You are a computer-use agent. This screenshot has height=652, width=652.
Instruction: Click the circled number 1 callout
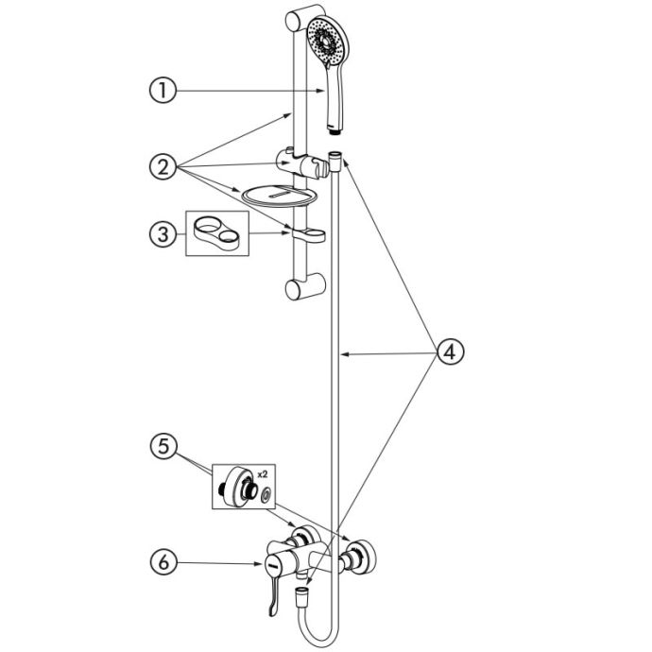(x=163, y=91)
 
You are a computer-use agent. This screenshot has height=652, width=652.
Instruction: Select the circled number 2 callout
(x=163, y=166)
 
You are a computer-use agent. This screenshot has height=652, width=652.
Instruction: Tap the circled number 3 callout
(x=163, y=234)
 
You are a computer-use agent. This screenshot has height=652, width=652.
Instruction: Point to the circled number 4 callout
(x=450, y=353)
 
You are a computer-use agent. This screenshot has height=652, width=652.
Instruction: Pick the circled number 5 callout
(x=163, y=447)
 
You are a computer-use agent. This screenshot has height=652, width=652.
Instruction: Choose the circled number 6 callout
(x=163, y=562)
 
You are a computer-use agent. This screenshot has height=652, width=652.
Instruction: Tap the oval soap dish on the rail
(x=280, y=196)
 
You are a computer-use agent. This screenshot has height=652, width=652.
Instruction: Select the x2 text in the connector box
(x=263, y=474)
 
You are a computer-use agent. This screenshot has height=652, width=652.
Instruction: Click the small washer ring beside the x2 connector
(x=265, y=494)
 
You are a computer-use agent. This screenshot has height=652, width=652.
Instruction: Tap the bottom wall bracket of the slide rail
(x=305, y=286)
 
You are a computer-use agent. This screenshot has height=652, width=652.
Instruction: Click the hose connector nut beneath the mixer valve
(x=301, y=594)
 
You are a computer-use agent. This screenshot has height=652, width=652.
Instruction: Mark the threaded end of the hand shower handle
(x=334, y=131)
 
